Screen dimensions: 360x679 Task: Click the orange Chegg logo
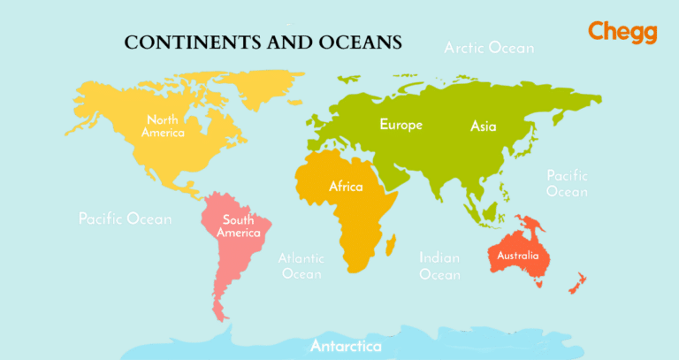pos(622,32)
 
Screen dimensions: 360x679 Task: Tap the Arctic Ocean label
pos(489,48)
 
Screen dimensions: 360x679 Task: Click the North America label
pos(164,126)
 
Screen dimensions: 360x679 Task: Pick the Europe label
pos(401,125)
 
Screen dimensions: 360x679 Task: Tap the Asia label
pos(483,126)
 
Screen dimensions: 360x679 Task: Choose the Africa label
pos(346,187)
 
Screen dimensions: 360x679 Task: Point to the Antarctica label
pos(346,346)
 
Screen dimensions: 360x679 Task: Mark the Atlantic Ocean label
pos(301,266)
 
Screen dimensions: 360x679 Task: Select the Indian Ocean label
pos(439,266)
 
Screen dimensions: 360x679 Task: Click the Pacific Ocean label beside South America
pos(125,218)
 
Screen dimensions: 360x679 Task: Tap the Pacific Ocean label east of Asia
pos(567,183)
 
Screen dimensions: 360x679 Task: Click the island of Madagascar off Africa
pos(389,241)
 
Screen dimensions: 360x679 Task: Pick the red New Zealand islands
pos(577,283)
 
